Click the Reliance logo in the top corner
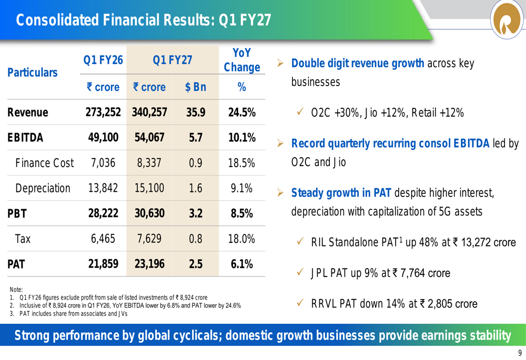click(508, 19)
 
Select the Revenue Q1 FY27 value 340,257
click(149, 112)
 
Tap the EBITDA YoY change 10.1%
click(242, 137)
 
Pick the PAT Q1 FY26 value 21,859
click(103, 264)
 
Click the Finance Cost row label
click(44, 163)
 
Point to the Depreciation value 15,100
click(149, 188)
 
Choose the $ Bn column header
click(196, 87)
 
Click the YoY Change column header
click(242, 60)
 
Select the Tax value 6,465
click(103, 239)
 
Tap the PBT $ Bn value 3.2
click(196, 213)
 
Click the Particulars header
click(32, 73)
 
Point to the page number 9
click(520, 353)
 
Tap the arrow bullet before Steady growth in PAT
click(280, 193)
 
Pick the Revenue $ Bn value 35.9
click(196, 112)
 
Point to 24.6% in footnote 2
click(234, 306)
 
